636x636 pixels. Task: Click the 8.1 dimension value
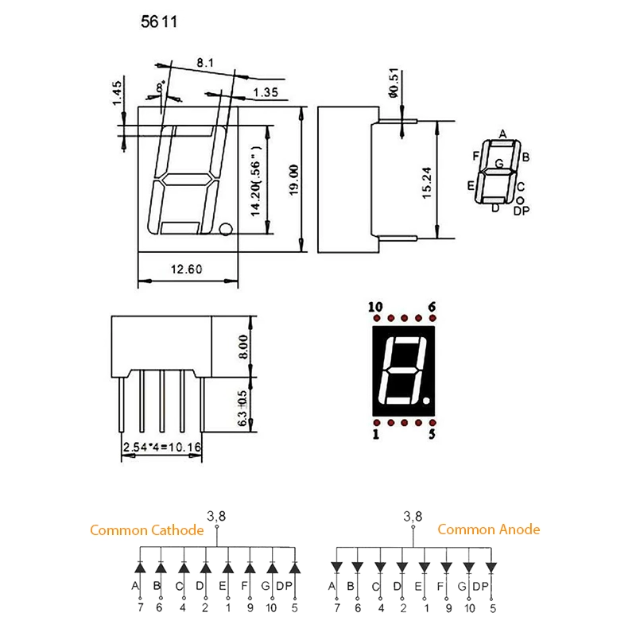(x=204, y=61)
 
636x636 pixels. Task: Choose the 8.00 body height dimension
(x=243, y=346)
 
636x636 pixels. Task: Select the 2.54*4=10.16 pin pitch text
(x=161, y=448)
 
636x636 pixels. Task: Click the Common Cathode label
(x=147, y=530)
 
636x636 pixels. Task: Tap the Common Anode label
(x=489, y=529)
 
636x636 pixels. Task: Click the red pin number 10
(x=375, y=307)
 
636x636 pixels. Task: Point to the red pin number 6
(x=432, y=307)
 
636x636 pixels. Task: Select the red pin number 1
(x=375, y=435)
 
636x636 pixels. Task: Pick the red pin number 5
(x=432, y=435)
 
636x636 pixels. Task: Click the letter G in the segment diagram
(x=498, y=164)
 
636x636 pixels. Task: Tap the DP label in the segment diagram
(x=521, y=211)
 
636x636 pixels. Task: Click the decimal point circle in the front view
(x=226, y=231)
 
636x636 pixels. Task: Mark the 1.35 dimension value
(x=265, y=94)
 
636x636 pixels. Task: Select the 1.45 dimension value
(x=117, y=92)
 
